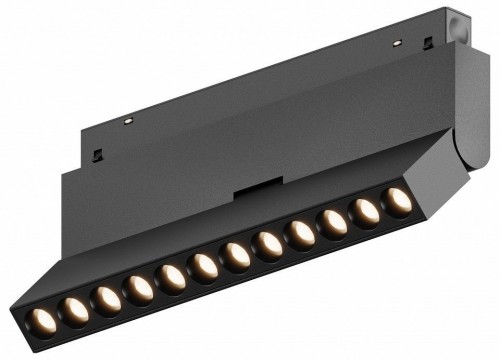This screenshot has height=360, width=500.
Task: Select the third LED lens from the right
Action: tap(334, 222)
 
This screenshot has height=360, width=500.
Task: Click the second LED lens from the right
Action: tap(367, 211)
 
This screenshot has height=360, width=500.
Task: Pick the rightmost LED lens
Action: tap(399, 200)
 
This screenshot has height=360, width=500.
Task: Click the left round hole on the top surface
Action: tap(128, 120)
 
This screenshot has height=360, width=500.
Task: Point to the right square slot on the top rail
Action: tap(428, 42)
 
